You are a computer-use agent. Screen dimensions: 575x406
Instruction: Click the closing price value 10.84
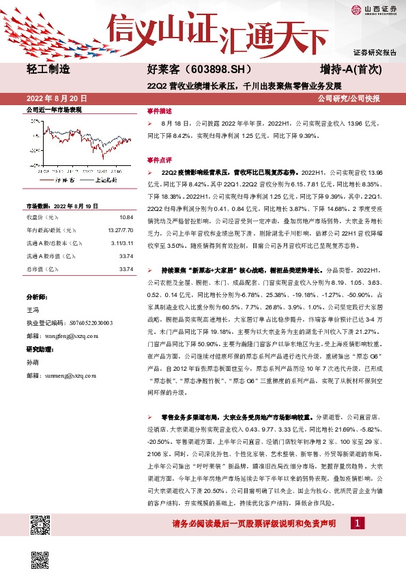(x=125, y=216)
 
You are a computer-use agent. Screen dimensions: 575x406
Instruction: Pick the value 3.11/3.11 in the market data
(x=121, y=242)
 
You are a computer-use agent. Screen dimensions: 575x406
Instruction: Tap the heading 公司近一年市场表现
(x=53, y=109)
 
